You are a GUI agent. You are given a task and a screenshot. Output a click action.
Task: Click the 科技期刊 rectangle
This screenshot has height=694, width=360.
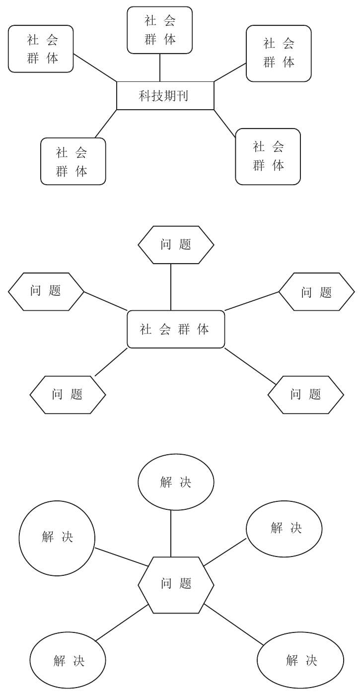165,95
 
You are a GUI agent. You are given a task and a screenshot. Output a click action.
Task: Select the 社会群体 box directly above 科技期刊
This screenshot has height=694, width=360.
160,30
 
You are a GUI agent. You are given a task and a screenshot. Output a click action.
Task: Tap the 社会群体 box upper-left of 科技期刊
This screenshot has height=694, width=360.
41,49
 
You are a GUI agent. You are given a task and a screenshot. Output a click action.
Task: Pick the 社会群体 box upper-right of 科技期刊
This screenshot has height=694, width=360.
279,54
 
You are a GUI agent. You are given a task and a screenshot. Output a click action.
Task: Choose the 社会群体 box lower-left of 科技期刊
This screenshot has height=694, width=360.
73,161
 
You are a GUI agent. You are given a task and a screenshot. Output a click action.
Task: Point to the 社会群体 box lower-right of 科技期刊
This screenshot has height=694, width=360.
268,156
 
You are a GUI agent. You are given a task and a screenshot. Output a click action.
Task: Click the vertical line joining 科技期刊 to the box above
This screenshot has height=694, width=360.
160,67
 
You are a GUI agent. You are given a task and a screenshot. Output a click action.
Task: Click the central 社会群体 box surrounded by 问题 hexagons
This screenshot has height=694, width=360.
176,329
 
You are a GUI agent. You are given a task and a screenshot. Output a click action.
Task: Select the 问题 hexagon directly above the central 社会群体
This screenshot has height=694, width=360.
176,245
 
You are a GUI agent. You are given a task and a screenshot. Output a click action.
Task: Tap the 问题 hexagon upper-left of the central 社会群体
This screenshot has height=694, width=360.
46,291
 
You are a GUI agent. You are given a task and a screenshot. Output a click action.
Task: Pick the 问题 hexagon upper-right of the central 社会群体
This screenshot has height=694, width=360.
316,292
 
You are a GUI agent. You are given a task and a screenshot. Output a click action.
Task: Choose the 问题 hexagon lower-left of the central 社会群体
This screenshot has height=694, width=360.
68,395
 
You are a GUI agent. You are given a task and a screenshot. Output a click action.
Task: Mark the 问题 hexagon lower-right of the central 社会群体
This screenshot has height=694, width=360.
305,395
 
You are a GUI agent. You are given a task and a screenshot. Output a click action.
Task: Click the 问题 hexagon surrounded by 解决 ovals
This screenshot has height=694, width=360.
176,584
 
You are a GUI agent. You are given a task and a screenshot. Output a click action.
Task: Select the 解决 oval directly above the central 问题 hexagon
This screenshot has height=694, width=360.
176,482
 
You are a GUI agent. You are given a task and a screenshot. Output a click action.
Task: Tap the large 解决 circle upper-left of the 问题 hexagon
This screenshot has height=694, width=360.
57,538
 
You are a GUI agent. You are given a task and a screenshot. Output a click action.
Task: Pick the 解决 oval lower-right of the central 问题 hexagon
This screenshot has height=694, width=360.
300,661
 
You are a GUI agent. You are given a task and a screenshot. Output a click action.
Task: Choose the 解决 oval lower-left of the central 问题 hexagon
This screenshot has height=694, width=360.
68,661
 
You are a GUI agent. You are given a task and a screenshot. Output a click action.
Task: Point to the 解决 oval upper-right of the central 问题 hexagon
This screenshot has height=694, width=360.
284,528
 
